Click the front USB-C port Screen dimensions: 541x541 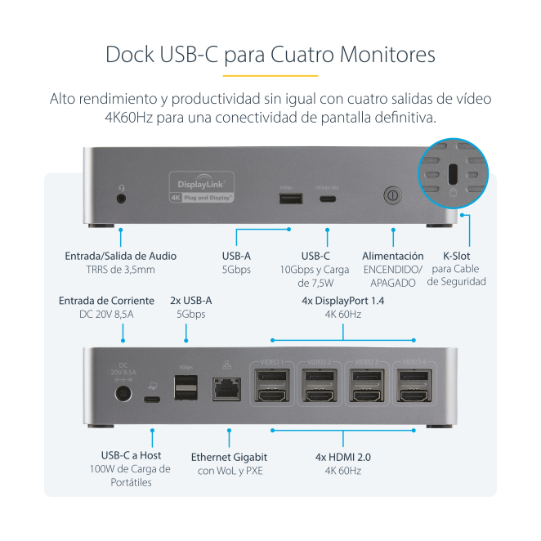[x=328, y=197]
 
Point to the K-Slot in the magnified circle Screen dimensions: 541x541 [x=453, y=175]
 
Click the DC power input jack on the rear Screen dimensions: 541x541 [x=123, y=395]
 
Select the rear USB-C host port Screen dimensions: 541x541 [x=152, y=400]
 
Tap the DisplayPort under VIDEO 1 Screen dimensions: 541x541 [x=271, y=377]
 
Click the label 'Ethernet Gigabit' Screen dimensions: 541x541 [x=229, y=457]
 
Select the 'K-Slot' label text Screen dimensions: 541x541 [x=457, y=255]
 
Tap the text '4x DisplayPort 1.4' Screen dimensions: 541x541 [x=343, y=301]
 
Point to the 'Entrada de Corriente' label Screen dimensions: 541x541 [x=106, y=301]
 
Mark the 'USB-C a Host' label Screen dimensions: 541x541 [x=131, y=455]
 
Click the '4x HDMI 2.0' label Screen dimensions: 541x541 [x=343, y=457]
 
